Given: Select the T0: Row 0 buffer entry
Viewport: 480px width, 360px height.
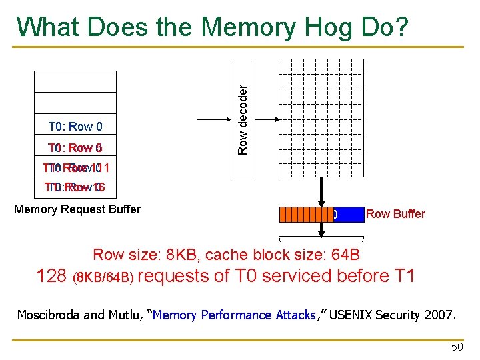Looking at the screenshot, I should click(75, 126).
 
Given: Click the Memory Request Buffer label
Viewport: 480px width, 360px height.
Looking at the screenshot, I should click(77, 209).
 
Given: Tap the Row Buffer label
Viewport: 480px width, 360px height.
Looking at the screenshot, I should click(395, 214).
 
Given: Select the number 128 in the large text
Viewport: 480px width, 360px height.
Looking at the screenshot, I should click(52, 275).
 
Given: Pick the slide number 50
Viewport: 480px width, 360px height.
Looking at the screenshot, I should click(457, 347).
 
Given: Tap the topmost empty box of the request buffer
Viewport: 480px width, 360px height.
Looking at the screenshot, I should click(75, 81).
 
